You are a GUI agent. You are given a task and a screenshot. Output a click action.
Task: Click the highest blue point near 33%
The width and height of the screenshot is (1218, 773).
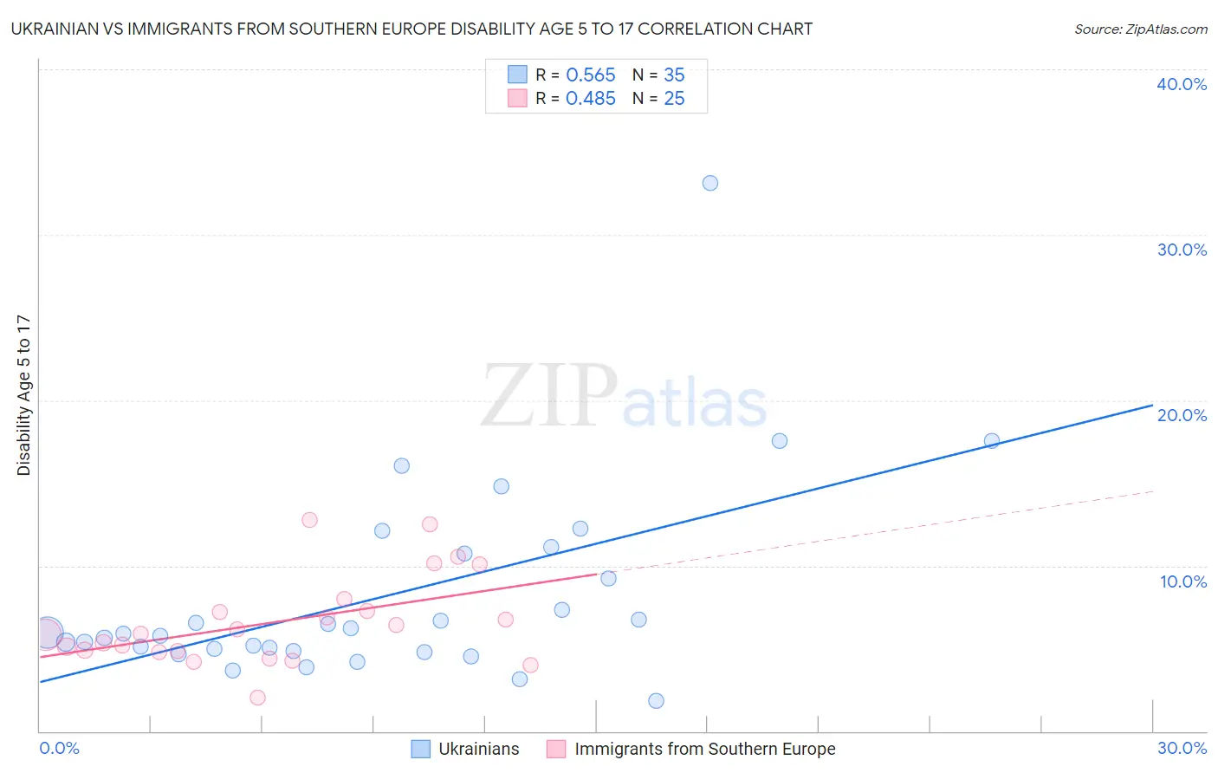(710, 183)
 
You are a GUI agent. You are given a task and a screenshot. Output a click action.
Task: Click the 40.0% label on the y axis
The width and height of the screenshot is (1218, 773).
(1182, 84)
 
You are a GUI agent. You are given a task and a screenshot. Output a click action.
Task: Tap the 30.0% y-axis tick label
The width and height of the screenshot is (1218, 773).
(1182, 250)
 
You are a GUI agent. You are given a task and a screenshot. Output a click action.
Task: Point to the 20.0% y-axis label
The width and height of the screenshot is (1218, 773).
(1182, 415)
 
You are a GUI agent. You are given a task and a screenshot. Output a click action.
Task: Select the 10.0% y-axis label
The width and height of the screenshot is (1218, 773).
(1183, 581)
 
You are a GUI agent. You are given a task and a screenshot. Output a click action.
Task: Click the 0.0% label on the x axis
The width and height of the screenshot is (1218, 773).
(60, 748)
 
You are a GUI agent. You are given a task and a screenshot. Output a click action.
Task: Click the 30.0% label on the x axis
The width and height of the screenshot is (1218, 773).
(1182, 748)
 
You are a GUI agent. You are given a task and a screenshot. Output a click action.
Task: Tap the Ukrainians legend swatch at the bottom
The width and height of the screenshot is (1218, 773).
(421, 749)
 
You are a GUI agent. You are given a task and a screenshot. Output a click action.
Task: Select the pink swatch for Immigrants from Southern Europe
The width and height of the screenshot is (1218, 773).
(556, 749)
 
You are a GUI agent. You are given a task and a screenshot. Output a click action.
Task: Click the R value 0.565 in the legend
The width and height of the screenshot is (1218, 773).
(590, 75)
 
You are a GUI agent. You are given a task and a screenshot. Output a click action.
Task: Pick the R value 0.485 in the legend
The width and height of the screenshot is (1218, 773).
(590, 99)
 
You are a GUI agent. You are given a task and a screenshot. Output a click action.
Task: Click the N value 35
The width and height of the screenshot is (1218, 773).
(674, 75)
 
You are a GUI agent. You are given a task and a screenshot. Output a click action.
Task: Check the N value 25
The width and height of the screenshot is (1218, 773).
(674, 99)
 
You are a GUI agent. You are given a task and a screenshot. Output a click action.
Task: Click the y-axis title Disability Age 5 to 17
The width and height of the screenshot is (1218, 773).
(24, 395)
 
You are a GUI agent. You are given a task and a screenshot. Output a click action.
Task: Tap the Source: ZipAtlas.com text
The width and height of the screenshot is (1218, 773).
(1140, 29)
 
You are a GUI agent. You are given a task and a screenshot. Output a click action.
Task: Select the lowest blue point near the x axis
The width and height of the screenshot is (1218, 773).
(656, 701)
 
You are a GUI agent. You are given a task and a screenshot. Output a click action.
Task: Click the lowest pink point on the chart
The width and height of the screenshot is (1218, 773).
(257, 698)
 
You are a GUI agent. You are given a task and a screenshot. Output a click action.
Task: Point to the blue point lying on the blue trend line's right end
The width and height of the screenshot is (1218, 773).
(992, 441)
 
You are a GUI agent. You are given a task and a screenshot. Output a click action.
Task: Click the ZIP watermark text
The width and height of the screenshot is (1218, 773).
(549, 397)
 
